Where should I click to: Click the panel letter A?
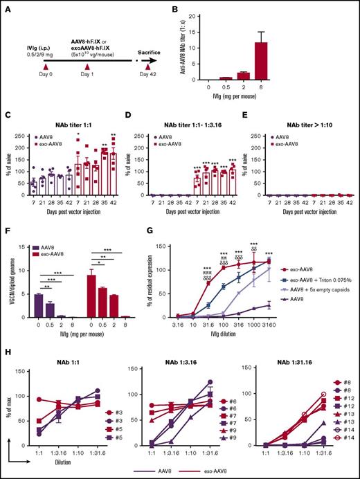[6, 6]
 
